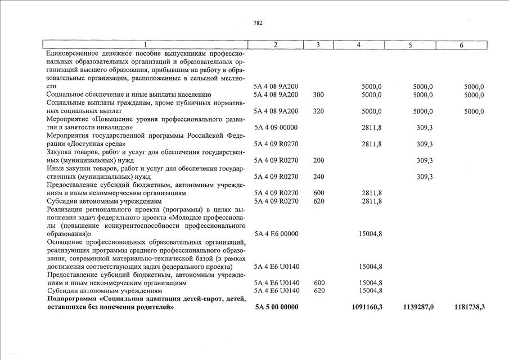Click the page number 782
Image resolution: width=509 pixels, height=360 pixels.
coord(258,23)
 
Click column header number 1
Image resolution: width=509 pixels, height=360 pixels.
coord(145,45)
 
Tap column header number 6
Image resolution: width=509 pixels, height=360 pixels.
coord(461,45)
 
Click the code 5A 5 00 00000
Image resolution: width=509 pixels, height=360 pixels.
coord(277,307)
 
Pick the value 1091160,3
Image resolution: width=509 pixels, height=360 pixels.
coord(367,307)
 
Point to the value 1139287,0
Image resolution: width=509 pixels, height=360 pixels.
coord(418,307)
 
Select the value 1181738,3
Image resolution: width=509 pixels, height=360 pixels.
coord(469,307)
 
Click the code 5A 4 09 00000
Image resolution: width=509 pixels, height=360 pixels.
coord(276,128)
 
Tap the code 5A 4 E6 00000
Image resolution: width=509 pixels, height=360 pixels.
coord(276,234)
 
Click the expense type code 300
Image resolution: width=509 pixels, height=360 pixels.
coord(319,95)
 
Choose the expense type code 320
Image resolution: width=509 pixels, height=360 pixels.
coord(319,111)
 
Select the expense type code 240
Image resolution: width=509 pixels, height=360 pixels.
coord(319,177)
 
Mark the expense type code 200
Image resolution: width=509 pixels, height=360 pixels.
coord(319,160)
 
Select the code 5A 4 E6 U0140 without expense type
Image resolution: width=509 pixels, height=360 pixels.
coord(277,267)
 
